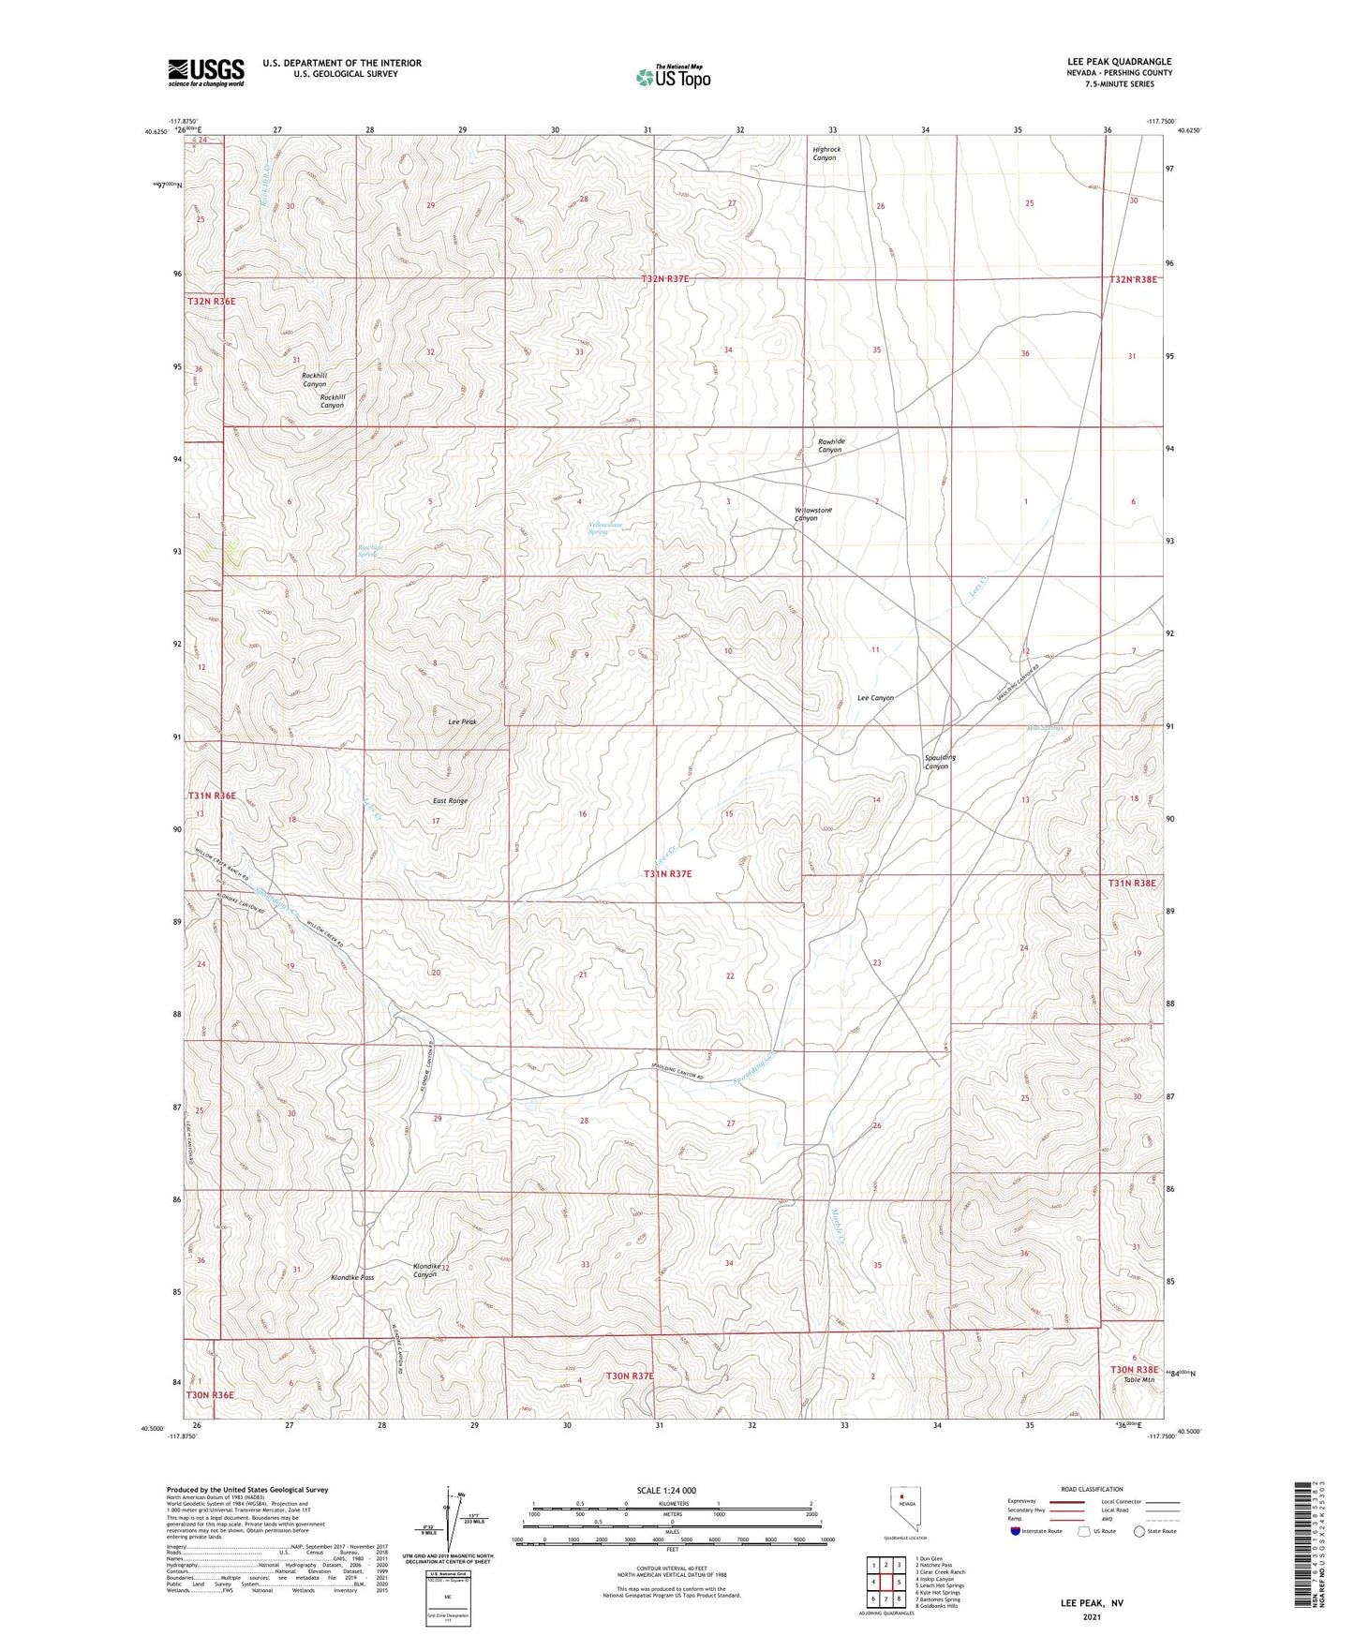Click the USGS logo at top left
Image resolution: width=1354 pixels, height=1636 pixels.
[206, 72]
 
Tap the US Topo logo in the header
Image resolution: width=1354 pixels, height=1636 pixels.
[672, 77]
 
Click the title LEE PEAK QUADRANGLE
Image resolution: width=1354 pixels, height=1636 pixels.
[1119, 62]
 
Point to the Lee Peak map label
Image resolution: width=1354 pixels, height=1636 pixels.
[463, 721]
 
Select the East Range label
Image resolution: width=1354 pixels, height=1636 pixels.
[450, 801]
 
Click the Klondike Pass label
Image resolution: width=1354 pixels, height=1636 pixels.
[352, 1277]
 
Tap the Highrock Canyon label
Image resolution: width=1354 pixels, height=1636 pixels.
[826, 154]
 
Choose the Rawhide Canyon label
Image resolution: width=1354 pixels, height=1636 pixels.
[830, 446]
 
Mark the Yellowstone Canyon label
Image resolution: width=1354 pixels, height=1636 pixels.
[812, 514]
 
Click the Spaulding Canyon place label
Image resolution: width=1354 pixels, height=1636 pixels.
[940, 762]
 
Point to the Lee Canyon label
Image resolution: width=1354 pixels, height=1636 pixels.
[875, 698]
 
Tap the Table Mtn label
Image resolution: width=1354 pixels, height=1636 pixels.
[1138, 1379]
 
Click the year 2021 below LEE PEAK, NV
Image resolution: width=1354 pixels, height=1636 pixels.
[1091, 1616]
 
